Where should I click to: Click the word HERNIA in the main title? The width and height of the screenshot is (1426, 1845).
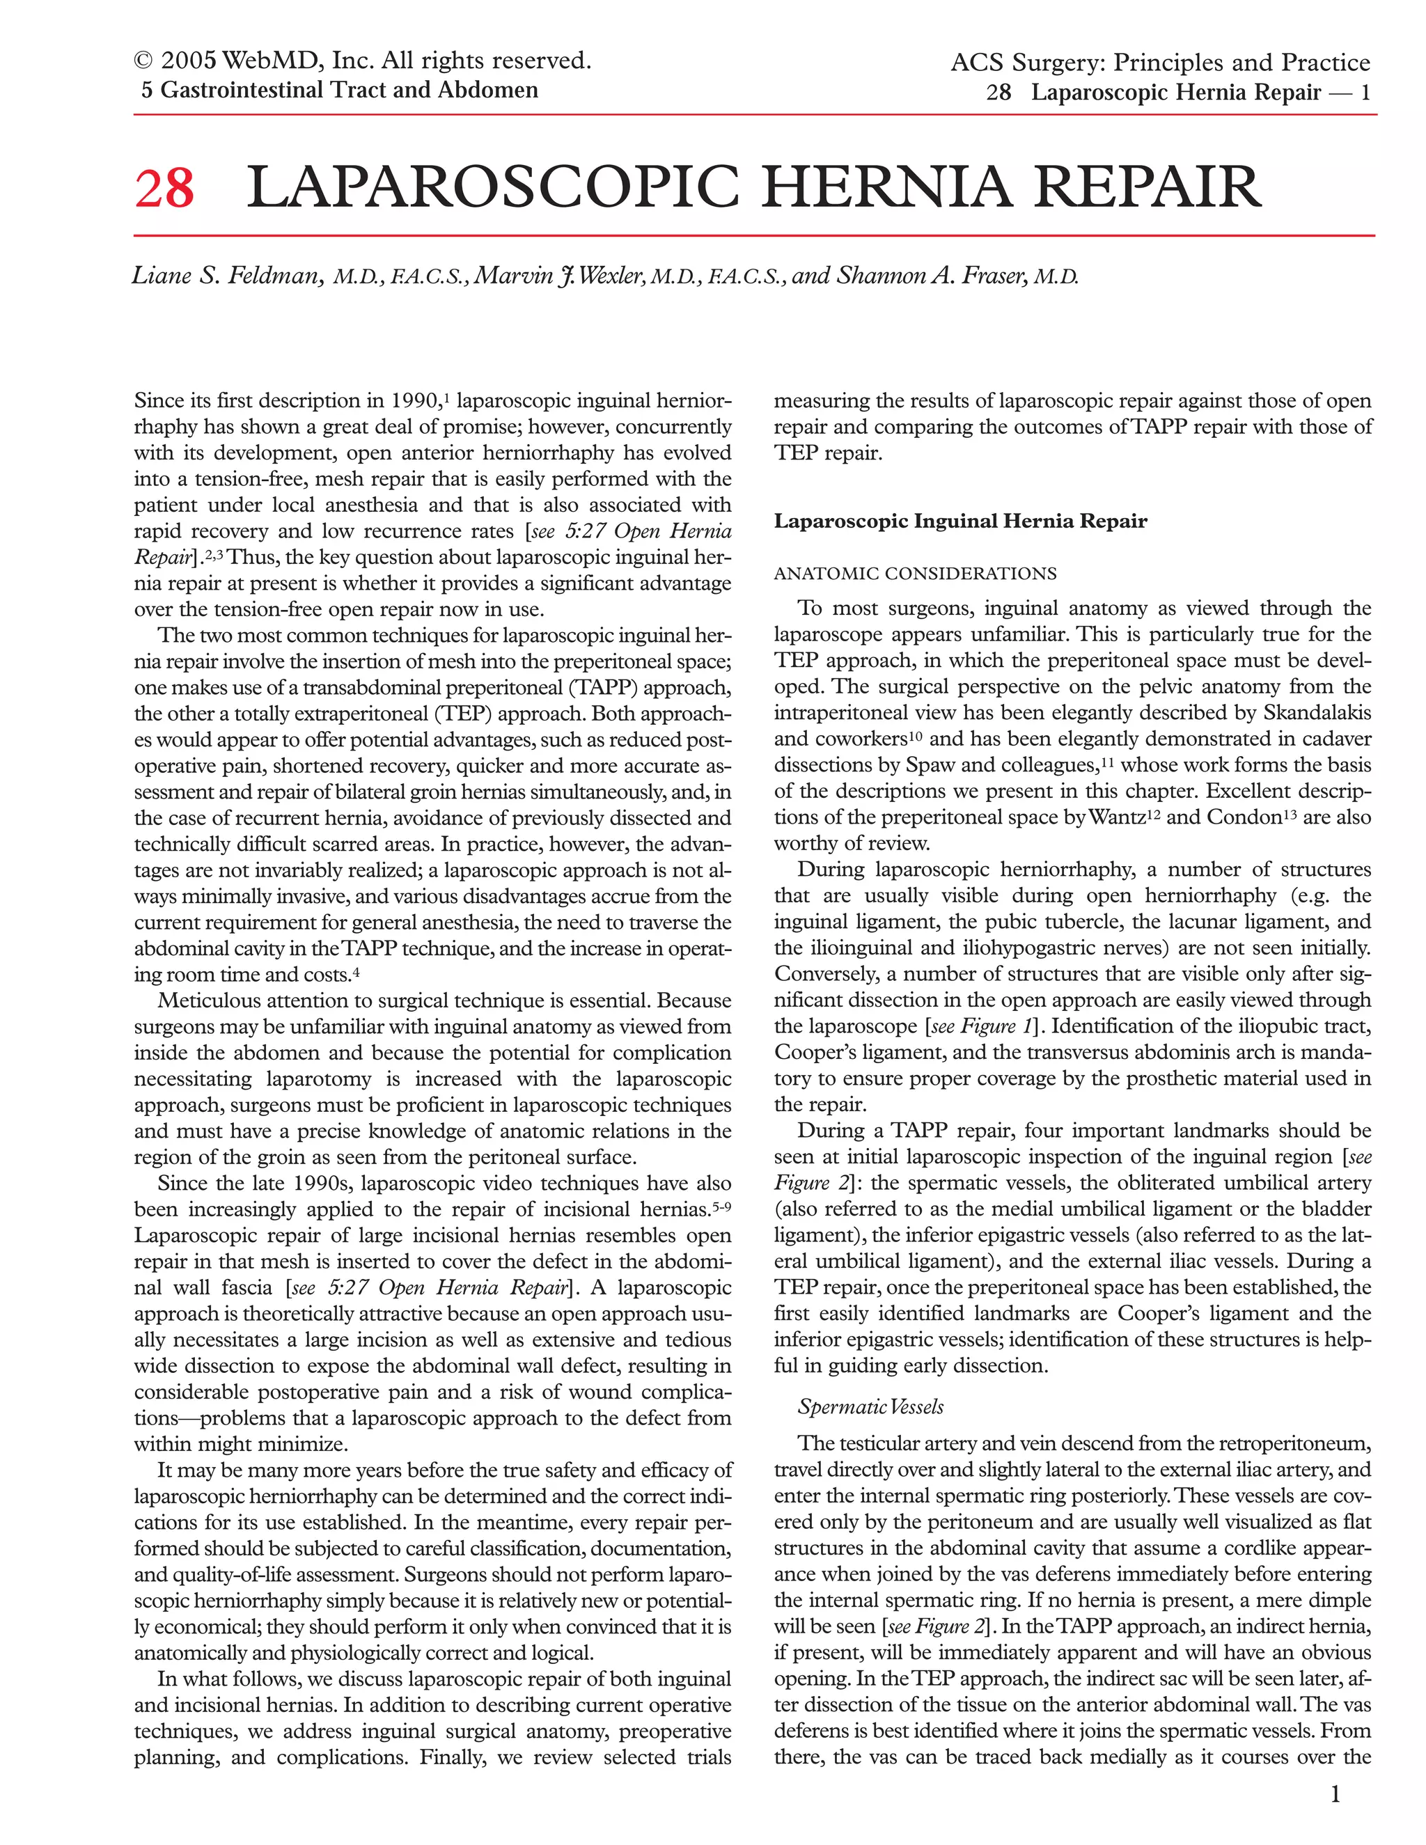click(886, 187)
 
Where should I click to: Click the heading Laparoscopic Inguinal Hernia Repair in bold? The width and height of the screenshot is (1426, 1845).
click(960, 521)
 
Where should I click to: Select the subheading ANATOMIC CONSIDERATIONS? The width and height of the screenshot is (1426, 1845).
click(915, 574)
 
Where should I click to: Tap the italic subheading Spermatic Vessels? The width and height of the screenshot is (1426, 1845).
click(870, 1407)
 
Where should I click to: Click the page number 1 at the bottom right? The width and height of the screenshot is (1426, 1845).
click(1335, 1793)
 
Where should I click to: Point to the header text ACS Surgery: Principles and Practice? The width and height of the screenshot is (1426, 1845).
click(1160, 63)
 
